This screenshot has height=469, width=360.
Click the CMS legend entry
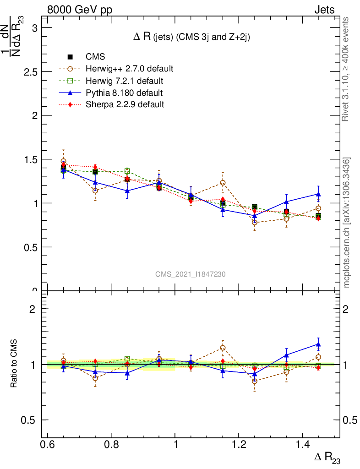(95, 57)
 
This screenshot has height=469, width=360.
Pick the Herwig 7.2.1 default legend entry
(125, 81)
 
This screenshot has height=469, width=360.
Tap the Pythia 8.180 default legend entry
(124, 93)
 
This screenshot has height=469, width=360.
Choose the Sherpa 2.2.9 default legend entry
(125, 104)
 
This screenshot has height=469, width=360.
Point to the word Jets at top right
(324, 10)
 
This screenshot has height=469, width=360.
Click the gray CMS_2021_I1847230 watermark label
(190, 274)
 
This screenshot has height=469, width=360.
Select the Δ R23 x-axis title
(327, 458)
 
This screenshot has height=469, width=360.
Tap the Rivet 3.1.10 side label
(346, 69)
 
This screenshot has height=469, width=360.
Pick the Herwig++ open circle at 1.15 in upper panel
(223, 183)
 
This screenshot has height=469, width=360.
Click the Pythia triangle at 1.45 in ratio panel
(318, 344)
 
